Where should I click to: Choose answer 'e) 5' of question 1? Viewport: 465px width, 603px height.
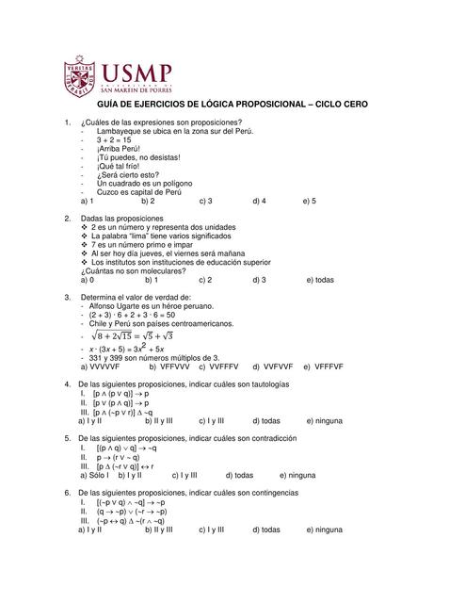309,201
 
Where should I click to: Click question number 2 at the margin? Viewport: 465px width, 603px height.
68,219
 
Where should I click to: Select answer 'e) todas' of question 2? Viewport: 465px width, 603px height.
320,280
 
